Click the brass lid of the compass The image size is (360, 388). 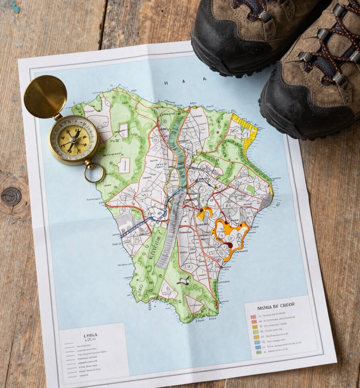[x=45, y=97]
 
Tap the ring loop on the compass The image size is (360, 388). [x=94, y=173]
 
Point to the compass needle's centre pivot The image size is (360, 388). [x=73, y=138]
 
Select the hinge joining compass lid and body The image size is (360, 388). [x=58, y=117]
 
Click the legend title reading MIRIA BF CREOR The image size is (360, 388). [x=276, y=304]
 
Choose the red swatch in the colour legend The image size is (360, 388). [x=253, y=317]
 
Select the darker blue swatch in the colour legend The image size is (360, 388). [x=257, y=343]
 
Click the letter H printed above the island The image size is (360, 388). [x=166, y=82]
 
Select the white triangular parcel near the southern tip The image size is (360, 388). [x=193, y=304]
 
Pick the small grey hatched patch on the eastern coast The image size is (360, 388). [x=266, y=201]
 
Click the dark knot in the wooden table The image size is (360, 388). [x=11, y=196]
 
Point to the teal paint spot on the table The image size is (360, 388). [x=15, y=7]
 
